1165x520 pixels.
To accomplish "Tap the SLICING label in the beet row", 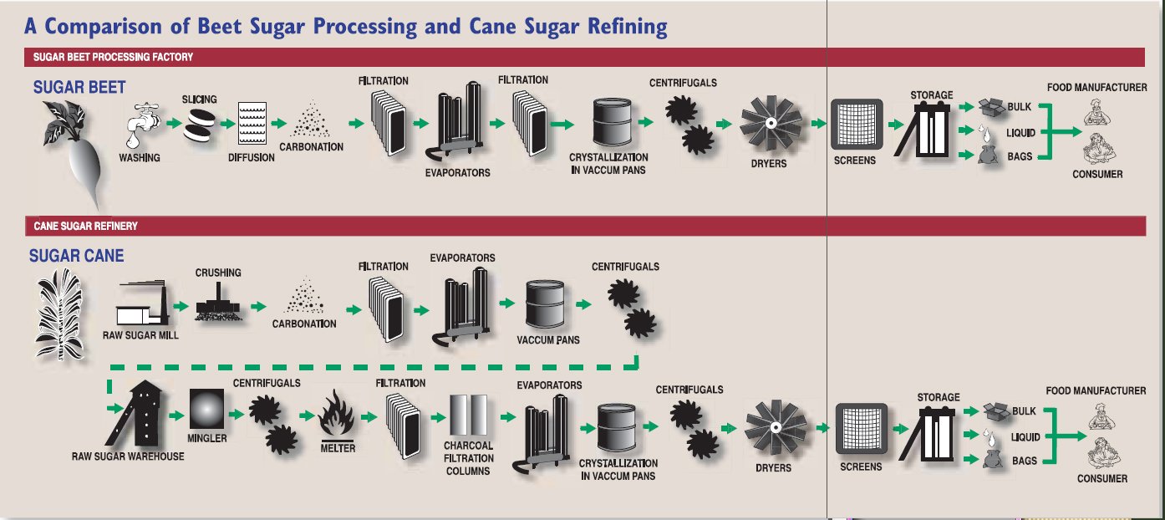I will point(199,99).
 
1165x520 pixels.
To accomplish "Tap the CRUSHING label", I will point(218,273).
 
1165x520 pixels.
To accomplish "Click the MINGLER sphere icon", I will point(206,410).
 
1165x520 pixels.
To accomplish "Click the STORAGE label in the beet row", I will point(931,95).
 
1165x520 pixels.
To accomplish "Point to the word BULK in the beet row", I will point(1020,108).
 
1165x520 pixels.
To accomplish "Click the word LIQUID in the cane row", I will point(1025,437).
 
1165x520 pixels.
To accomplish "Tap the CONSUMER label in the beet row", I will point(1097,175).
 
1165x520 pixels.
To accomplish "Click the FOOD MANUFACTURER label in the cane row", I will point(1096,390).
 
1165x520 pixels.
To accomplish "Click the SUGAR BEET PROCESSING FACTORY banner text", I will point(113,57).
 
